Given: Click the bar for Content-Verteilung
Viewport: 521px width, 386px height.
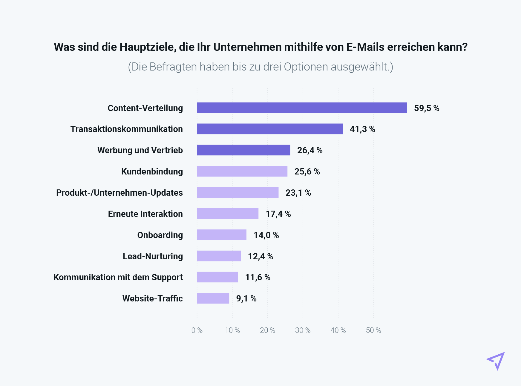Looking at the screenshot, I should pos(302,108).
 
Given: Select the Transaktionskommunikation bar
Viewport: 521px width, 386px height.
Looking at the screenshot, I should pos(270,129).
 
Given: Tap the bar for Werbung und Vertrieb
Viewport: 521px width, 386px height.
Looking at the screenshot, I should pos(243,150).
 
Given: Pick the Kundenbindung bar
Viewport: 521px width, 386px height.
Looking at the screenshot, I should pos(242,171).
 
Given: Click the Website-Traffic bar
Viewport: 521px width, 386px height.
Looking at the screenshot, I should pos(213,298).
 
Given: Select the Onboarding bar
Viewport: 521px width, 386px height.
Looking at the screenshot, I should pos(222,235).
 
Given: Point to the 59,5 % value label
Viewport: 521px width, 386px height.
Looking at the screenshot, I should pos(427,108).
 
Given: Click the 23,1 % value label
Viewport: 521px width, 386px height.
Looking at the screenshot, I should pos(298,193).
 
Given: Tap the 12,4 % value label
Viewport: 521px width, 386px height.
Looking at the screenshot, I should pos(260,256).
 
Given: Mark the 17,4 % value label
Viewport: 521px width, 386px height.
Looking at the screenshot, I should pos(278,214).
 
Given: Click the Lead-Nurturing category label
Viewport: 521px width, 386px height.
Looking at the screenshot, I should pos(153,256).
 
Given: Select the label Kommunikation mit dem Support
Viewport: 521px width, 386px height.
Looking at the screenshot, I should pos(118,277).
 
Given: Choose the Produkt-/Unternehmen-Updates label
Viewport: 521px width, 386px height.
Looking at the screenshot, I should pos(119,193).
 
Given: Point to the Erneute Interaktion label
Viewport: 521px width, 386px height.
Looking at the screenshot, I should pos(145,214).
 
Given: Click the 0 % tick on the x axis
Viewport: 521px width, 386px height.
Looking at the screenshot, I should pos(197,330).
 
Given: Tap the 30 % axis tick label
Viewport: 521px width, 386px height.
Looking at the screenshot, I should pos(303,330).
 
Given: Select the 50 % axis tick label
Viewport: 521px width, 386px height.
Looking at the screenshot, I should pos(373,330).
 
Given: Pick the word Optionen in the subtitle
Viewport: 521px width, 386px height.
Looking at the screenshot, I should pos(306,67).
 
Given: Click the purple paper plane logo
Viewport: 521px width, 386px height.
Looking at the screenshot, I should pos(496,361).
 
